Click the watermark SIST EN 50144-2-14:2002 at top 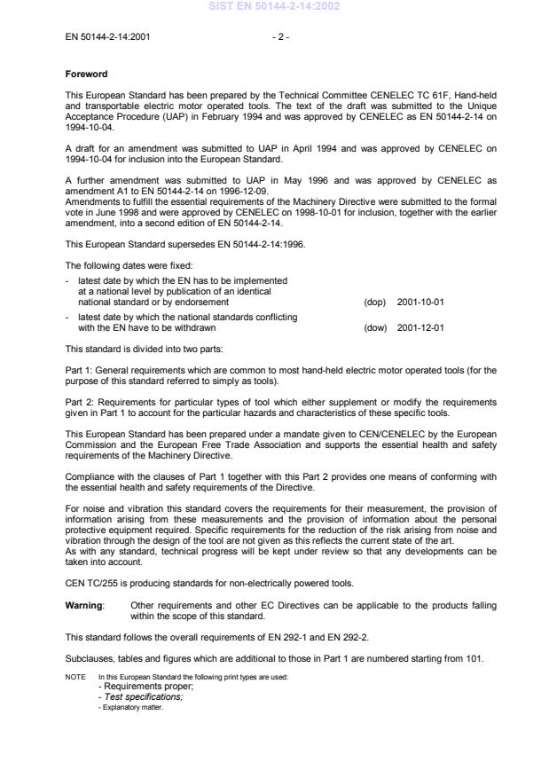pos(274,7)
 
